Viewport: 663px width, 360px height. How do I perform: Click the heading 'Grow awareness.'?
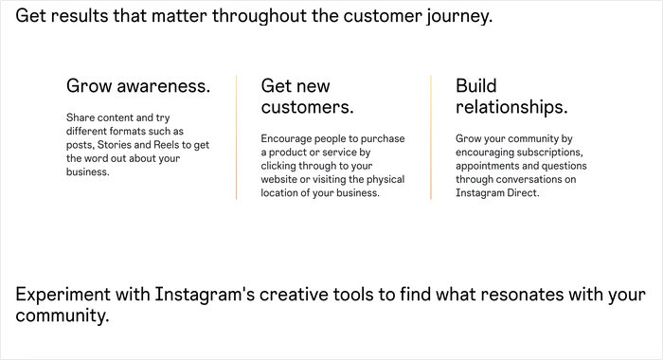[x=138, y=87]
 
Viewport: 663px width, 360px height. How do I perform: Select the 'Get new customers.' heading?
[x=308, y=96]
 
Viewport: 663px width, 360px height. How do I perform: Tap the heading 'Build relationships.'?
[x=511, y=96]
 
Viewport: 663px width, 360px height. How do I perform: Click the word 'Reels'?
[x=191, y=145]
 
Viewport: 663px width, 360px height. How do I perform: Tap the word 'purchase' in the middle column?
[x=380, y=138]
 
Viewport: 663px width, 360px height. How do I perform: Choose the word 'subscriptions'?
[x=549, y=152]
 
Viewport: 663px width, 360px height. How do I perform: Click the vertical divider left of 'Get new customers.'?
[x=237, y=137]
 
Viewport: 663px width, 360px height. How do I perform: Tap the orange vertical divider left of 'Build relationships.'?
[x=431, y=137]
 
